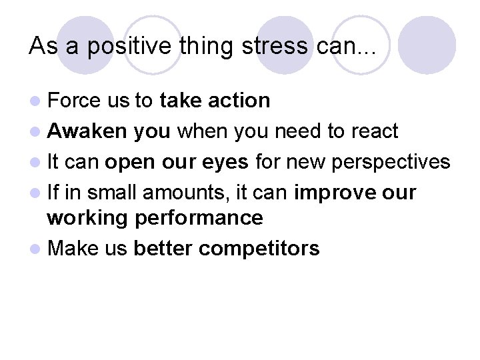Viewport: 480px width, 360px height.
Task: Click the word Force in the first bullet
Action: click(x=74, y=100)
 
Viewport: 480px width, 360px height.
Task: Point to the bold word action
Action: click(x=239, y=100)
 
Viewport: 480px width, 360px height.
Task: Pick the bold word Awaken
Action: click(x=87, y=131)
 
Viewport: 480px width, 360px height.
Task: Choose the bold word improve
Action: click(x=327, y=193)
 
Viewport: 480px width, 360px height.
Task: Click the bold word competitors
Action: click(x=259, y=249)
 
